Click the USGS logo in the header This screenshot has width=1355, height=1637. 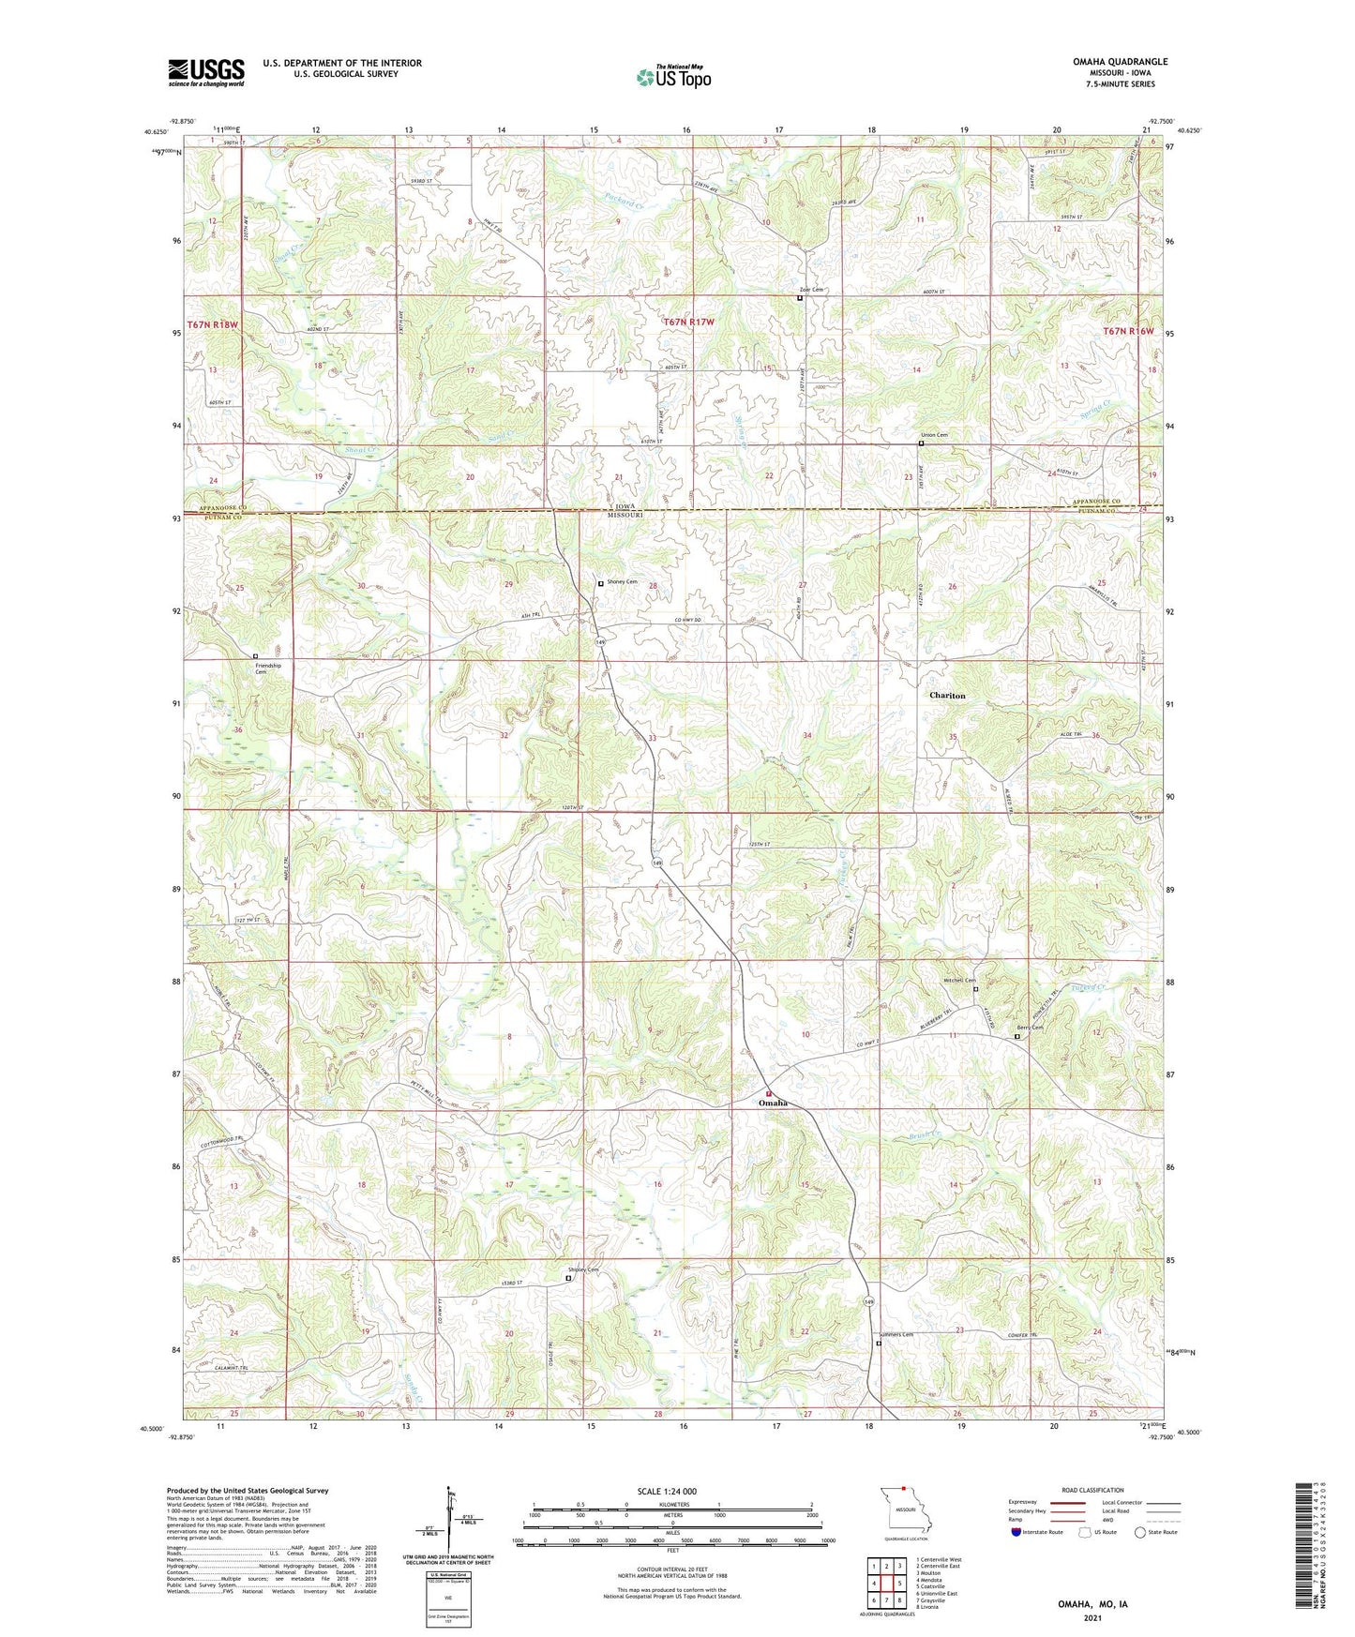(206, 71)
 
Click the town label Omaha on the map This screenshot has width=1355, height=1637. (773, 1104)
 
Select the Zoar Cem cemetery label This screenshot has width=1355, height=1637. (811, 290)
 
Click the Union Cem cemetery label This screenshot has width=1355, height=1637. (935, 435)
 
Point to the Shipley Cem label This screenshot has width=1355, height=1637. (582, 1270)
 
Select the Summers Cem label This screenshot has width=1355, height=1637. (896, 1335)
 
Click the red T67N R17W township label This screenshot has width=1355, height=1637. (688, 322)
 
